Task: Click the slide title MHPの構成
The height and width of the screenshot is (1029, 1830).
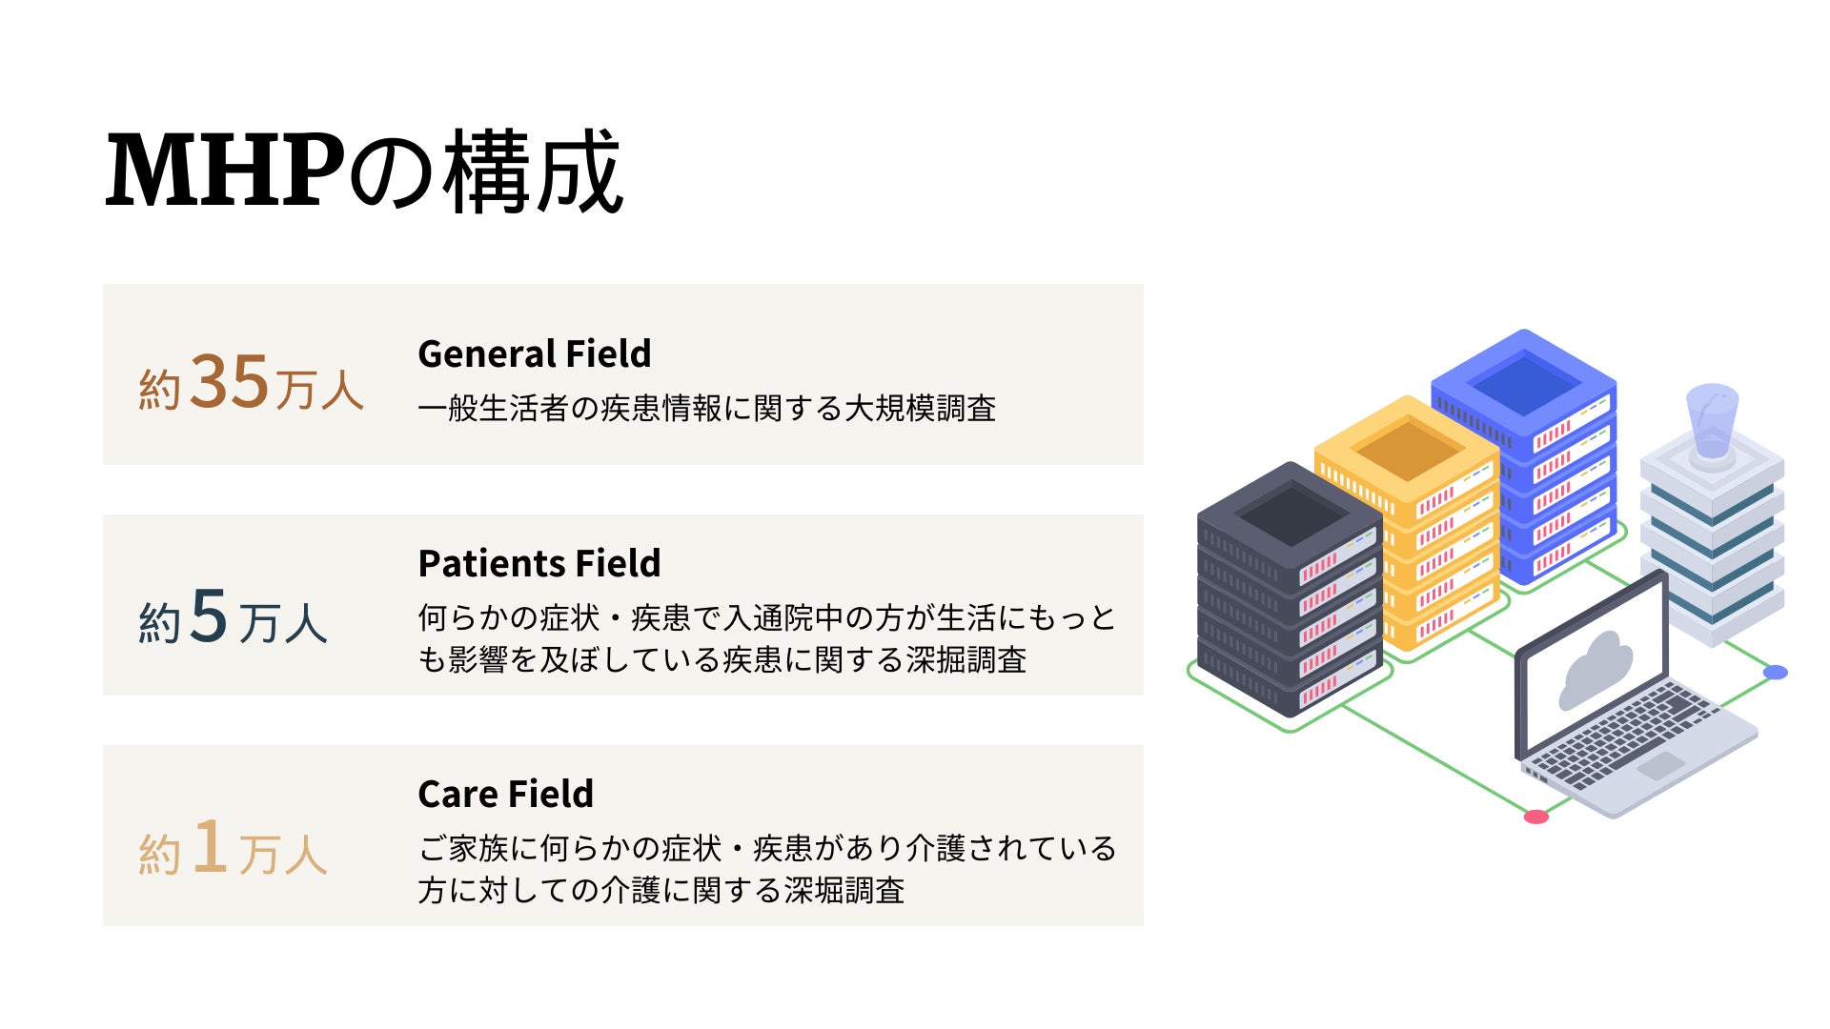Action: [363, 171]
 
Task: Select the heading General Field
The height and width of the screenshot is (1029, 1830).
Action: [534, 353]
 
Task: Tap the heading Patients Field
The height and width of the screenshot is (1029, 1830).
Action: [539, 563]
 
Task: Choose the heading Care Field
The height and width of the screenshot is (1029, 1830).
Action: [505, 794]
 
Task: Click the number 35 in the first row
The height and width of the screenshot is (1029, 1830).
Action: [230, 382]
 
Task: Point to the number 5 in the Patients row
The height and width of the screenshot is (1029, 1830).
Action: [210, 615]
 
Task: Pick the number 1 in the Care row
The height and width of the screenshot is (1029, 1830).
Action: [210, 846]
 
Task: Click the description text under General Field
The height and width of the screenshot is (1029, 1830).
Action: [706, 409]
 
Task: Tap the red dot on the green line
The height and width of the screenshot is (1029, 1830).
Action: [1535, 817]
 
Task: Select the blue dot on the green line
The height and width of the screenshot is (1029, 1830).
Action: [1775, 673]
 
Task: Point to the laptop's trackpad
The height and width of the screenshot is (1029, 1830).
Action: [1659, 765]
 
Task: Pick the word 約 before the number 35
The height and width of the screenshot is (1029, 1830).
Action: [159, 389]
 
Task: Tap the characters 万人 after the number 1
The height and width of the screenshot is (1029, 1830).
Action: [283, 854]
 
